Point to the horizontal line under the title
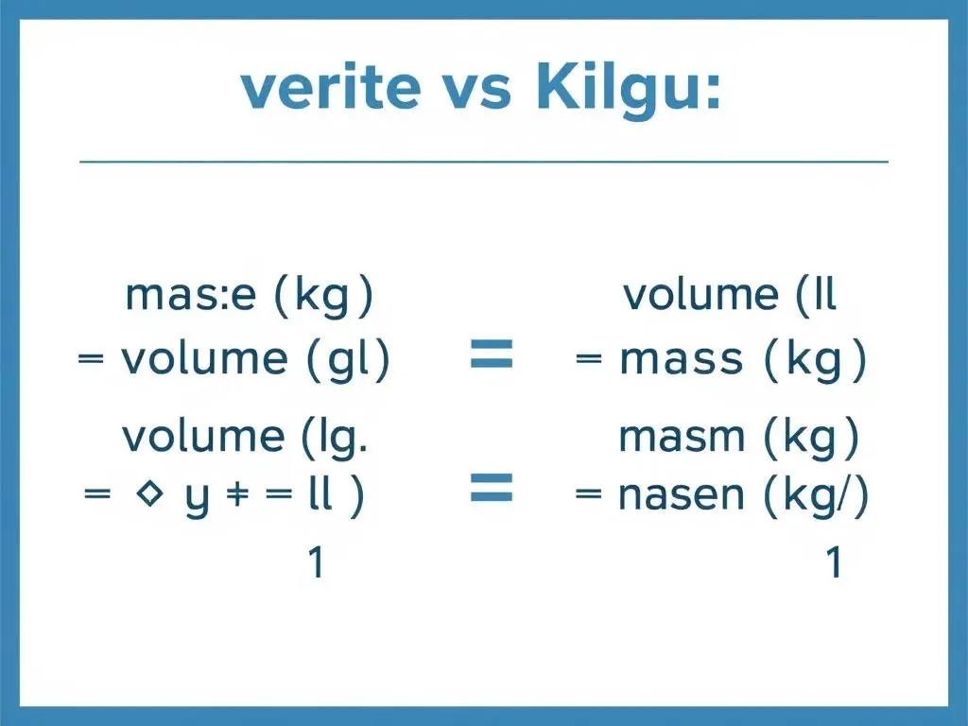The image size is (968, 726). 484,162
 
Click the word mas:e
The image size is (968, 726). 190,297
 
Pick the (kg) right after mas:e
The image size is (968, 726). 322,297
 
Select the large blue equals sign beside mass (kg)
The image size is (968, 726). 491,355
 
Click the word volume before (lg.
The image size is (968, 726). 202,436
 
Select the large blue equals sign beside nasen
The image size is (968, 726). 491,490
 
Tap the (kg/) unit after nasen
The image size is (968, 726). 816,497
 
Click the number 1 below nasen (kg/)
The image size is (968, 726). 833,563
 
